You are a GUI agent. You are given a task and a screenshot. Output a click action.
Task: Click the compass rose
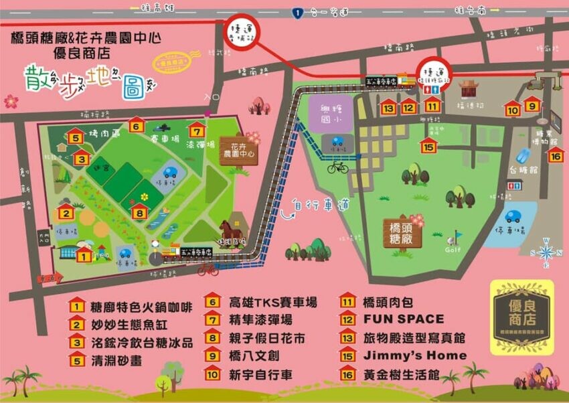[546, 252]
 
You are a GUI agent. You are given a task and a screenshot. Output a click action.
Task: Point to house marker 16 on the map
[555, 154]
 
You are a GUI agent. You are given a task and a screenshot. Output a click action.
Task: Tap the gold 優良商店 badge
[519, 315]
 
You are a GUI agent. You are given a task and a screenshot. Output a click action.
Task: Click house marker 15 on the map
[428, 145]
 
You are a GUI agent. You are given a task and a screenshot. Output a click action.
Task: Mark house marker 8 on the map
[139, 213]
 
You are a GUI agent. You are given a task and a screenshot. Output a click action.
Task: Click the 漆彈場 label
[200, 145]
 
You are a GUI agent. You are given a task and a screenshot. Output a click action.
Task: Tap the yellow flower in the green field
[143, 197]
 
